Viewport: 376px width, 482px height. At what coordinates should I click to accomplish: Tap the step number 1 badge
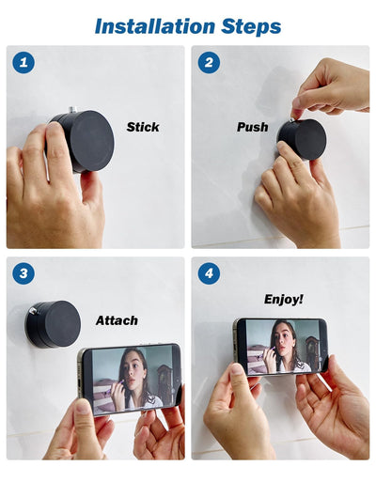23,64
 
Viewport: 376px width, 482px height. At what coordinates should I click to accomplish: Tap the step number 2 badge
209,64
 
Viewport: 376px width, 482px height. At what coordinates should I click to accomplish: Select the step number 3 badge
23,274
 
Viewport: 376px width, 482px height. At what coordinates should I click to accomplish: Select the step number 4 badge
209,274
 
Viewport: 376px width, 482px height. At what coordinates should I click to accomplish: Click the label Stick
143,126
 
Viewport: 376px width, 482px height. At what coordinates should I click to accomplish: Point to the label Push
252,127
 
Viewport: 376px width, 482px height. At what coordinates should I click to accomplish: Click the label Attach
117,320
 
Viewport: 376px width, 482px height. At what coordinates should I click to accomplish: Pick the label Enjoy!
283,300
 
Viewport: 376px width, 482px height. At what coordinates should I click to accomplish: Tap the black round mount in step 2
304,138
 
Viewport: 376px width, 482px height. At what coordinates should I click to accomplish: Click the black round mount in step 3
55,323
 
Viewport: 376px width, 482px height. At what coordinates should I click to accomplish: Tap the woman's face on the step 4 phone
284,337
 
